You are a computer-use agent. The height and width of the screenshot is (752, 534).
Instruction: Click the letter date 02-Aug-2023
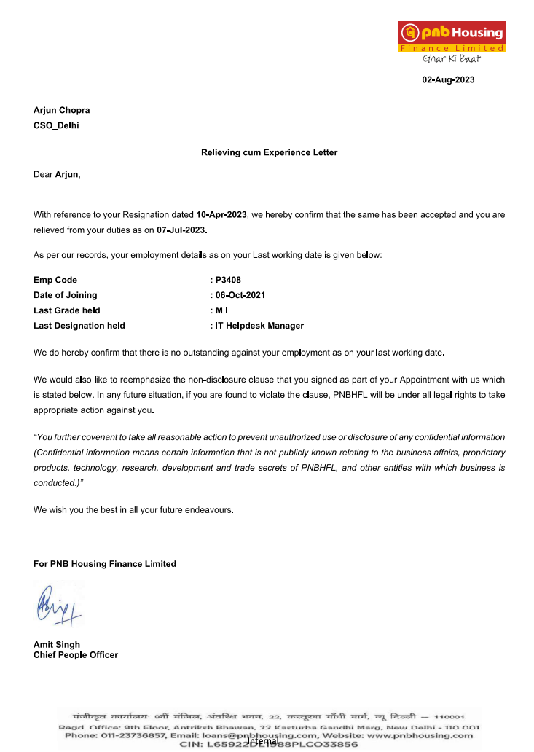click(x=448, y=79)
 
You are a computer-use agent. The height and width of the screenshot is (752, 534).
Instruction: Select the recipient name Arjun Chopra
click(x=61, y=110)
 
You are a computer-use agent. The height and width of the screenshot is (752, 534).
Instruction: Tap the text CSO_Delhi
click(x=56, y=125)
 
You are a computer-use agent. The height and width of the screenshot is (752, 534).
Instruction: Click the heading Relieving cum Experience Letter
click(x=269, y=152)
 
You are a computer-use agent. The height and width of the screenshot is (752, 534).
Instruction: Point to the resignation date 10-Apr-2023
click(x=222, y=215)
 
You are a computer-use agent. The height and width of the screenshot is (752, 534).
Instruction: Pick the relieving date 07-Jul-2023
click(x=181, y=230)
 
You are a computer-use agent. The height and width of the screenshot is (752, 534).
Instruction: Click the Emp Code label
click(x=55, y=280)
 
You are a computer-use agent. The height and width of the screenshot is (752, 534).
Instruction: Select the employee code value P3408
click(x=228, y=280)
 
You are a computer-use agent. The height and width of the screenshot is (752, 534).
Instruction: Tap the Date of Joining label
click(x=66, y=295)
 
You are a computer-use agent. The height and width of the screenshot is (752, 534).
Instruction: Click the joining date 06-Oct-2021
click(x=240, y=295)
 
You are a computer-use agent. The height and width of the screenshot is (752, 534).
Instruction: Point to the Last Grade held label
click(x=67, y=310)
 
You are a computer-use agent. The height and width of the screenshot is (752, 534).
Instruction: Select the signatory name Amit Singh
click(x=57, y=644)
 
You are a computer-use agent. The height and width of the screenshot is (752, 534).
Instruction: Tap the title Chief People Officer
click(x=76, y=654)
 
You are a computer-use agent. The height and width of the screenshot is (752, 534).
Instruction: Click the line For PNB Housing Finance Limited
click(x=105, y=563)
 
